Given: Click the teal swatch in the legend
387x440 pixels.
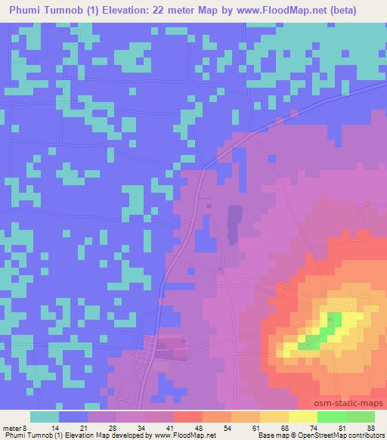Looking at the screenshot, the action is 45,417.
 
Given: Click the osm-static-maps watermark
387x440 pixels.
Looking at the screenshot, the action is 353,404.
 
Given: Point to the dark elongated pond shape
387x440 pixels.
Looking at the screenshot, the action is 234,223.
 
